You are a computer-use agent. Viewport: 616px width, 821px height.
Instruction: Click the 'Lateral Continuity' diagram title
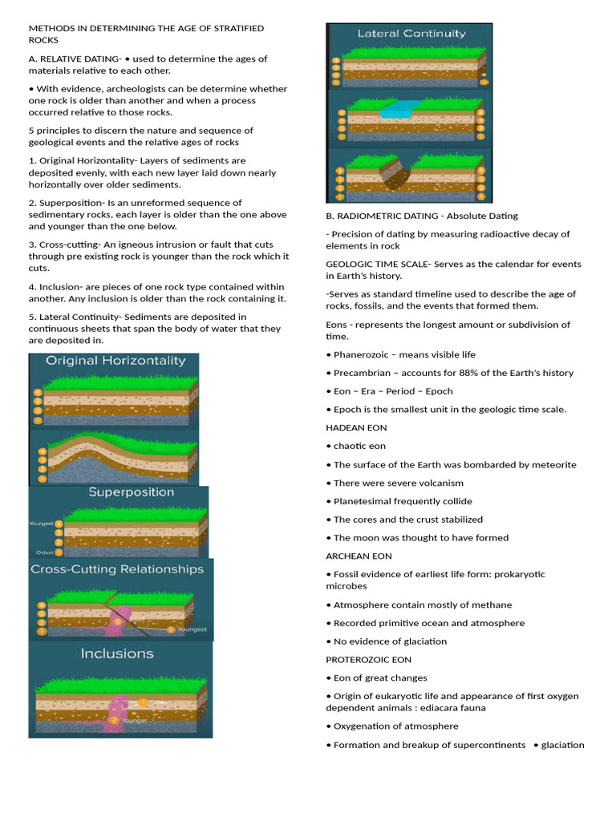pyautogui.click(x=411, y=34)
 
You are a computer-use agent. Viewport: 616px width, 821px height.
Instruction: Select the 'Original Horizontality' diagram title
pyautogui.click(x=115, y=361)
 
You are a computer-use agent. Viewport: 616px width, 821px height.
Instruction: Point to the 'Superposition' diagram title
pyautogui.click(x=131, y=491)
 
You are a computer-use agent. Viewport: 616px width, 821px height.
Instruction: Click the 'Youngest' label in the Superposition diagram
pyautogui.click(x=41, y=524)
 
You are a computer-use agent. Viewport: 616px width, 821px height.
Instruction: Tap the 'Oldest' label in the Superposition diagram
pyautogui.click(x=44, y=552)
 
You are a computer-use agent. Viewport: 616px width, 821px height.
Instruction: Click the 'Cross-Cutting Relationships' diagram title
pyautogui.click(x=117, y=569)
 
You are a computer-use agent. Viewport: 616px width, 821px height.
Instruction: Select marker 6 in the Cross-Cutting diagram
pyautogui.click(x=171, y=629)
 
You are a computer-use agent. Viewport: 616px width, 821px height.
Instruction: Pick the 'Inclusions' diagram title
pyautogui.click(x=117, y=653)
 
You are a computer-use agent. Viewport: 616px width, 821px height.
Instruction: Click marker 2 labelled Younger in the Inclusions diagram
pyautogui.click(x=115, y=719)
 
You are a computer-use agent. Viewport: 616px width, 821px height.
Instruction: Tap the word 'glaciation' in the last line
pyautogui.click(x=563, y=745)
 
